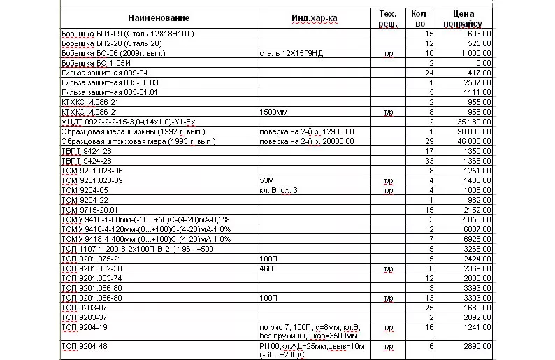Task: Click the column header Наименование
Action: (159, 17)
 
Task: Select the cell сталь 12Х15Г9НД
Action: (291, 52)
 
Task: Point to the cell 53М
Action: (266, 180)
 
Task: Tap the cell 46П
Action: (266, 268)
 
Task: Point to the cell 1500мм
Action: (272, 111)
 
